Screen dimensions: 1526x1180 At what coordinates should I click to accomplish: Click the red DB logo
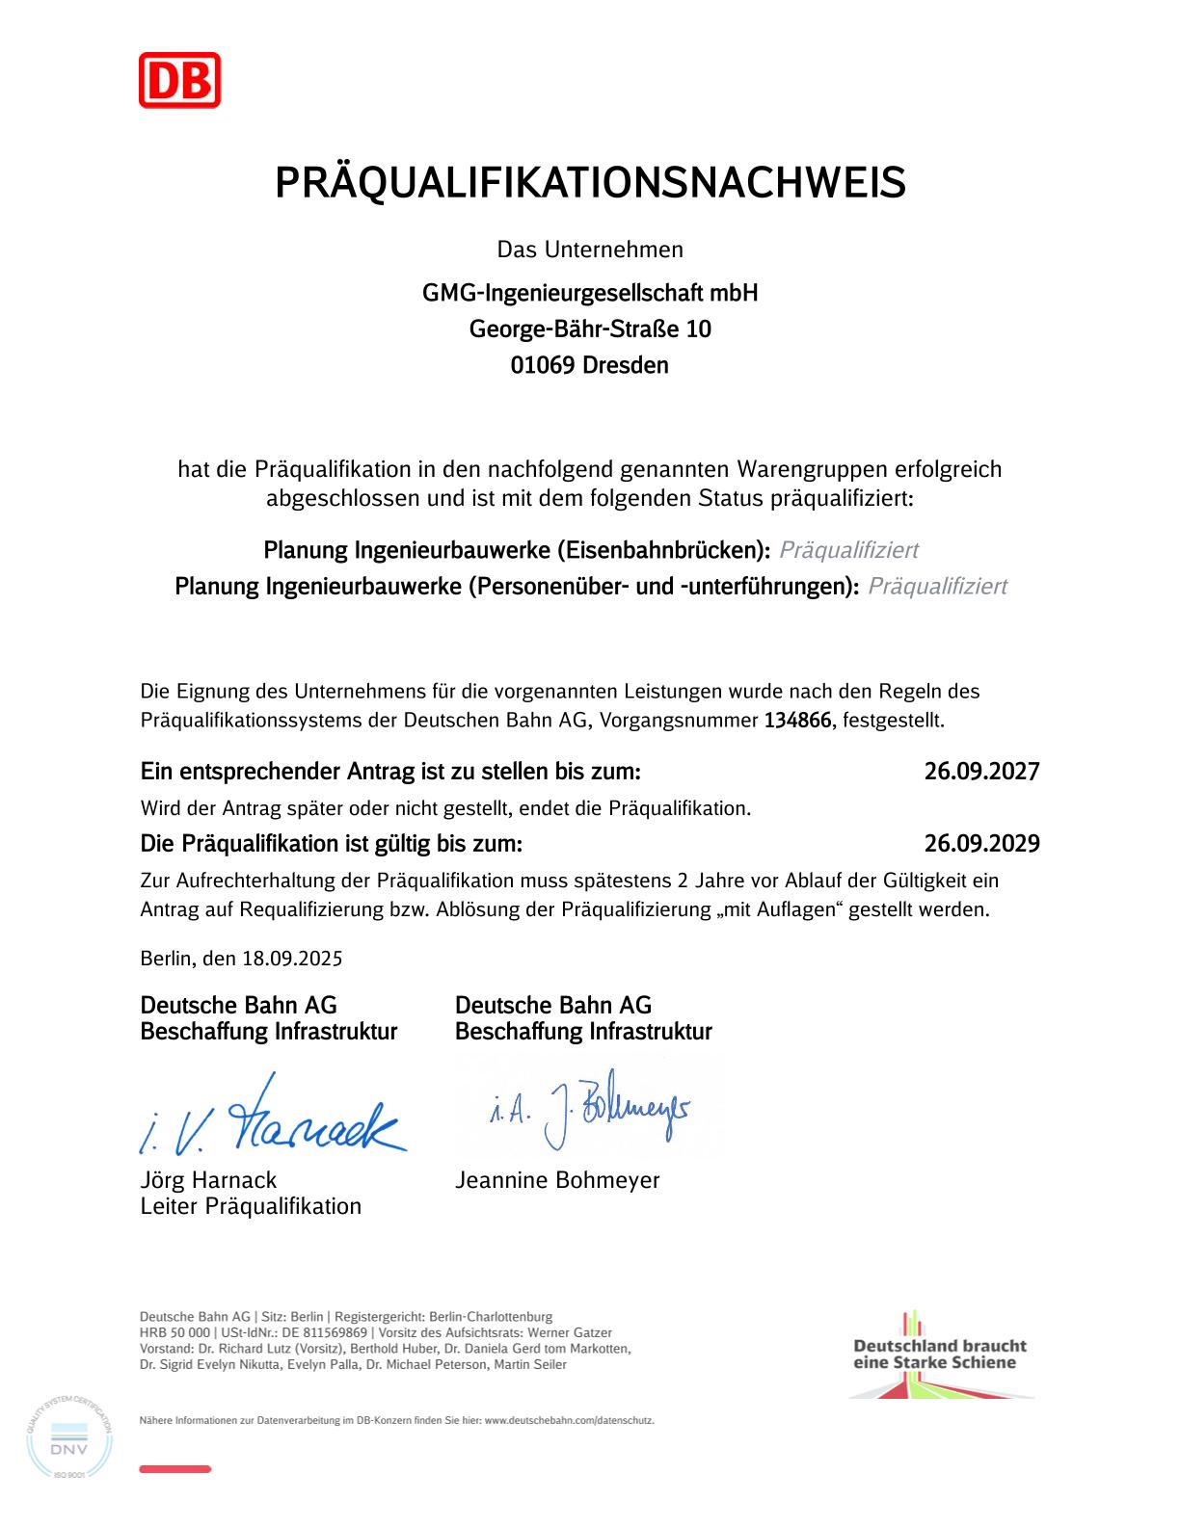point(179,80)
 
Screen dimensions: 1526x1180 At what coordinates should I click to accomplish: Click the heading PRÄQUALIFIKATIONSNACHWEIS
point(590,183)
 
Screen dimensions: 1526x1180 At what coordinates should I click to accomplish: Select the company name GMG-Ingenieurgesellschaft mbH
point(590,293)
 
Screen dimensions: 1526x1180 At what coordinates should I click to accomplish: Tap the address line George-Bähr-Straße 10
point(590,329)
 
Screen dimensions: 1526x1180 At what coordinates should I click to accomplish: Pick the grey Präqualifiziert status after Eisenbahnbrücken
point(848,550)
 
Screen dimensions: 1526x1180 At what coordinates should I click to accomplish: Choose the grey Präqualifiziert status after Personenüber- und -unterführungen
point(937,586)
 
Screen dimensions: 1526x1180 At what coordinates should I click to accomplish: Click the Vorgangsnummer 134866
point(797,721)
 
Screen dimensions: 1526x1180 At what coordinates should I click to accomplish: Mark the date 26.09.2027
point(981,772)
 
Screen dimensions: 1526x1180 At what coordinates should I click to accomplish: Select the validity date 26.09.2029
point(981,845)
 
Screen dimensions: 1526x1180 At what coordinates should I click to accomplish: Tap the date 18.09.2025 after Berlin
point(292,960)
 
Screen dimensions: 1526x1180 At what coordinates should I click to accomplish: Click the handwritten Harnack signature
point(275,1118)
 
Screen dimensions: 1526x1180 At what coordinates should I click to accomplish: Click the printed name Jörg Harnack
point(208,1180)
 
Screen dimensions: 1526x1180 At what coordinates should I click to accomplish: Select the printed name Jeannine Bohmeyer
point(557,1180)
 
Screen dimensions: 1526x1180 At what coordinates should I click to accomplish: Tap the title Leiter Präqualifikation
point(251,1207)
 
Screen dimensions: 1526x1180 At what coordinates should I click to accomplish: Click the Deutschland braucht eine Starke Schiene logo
point(940,1354)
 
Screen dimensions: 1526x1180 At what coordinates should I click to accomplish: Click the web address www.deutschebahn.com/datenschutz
point(569,1420)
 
